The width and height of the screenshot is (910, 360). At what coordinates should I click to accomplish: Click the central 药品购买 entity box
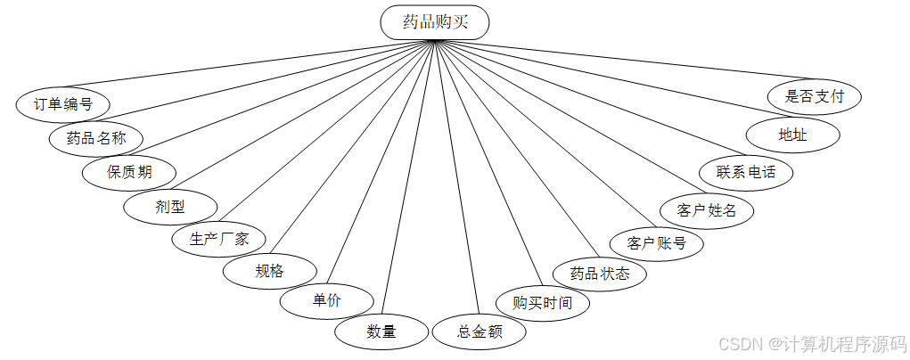pyautogui.click(x=434, y=22)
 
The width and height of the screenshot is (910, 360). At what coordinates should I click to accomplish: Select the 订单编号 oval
pyautogui.click(x=62, y=103)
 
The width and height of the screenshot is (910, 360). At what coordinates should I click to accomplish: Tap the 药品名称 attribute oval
pyautogui.click(x=96, y=137)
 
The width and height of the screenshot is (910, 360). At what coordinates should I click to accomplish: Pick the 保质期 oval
pyautogui.click(x=129, y=171)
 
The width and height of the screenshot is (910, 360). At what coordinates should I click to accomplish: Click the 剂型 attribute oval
pyautogui.click(x=169, y=206)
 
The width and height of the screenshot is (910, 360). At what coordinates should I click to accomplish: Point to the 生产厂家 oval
pyautogui.click(x=217, y=239)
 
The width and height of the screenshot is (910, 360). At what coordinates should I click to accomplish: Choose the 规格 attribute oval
pyautogui.click(x=269, y=271)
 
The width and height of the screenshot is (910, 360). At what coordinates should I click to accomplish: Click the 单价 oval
pyautogui.click(x=325, y=301)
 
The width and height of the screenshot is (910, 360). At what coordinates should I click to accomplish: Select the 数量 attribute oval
pyautogui.click(x=381, y=331)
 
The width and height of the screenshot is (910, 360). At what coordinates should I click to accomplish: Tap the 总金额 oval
pyautogui.click(x=480, y=331)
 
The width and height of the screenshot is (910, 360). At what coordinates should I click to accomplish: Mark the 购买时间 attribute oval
pyautogui.click(x=543, y=303)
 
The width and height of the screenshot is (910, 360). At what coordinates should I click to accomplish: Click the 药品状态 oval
pyautogui.click(x=599, y=273)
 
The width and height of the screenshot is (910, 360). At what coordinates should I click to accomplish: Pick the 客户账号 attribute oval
pyautogui.click(x=656, y=242)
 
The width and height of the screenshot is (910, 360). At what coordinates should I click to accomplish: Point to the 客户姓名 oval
pyautogui.click(x=707, y=210)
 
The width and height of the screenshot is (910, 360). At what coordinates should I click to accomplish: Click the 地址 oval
pyautogui.click(x=792, y=135)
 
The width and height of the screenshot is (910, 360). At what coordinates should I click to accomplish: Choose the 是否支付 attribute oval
pyautogui.click(x=814, y=96)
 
